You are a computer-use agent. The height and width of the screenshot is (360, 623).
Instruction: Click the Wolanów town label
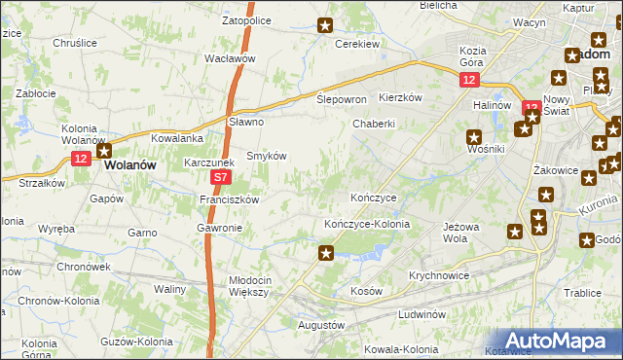(129, 166)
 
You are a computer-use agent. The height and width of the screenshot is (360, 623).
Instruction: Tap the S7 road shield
(222, 178)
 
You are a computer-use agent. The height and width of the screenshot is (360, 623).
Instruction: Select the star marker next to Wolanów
(103, 150)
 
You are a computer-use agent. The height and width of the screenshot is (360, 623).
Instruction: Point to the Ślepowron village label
(342, 100)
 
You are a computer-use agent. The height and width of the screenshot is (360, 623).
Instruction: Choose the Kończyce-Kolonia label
(367, 224)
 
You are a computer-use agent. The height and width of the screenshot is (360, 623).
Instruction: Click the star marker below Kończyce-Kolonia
(326, 254)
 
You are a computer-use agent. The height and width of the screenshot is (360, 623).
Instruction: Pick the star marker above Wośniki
(474, 137)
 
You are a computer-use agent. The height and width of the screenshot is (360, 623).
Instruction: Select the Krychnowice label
(439, 275)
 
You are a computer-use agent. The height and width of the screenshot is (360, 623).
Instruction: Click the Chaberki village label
(374, 124)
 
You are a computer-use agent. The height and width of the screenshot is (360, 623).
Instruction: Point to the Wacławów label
(230, 58)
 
